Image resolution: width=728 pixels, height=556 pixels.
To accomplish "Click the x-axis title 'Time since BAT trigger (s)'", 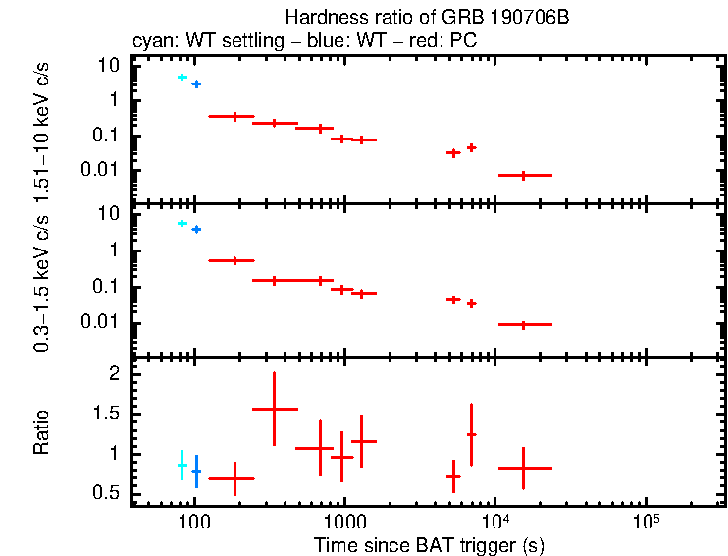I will pyautogui.click(x=429, y=543).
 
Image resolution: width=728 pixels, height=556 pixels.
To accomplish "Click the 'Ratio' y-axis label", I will pyautogui.click(x=42, y=432).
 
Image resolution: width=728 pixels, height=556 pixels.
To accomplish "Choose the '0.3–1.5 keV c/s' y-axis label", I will pyautogui.click(x=42, y=284).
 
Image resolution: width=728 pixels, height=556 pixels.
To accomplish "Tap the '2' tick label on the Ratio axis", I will pyautogui.click(x=114, y=375).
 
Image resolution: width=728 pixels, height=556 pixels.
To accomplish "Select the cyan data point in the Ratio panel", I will pyautogui.click(x=182, y=465).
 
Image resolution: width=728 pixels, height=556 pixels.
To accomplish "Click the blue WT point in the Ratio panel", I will pyautogui.click(x=196, y=471).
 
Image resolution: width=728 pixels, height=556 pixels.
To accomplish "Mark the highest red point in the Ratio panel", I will pyautogui.click(x=275, y=409).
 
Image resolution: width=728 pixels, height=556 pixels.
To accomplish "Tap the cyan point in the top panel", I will pyautogui.click(x=182, y=77).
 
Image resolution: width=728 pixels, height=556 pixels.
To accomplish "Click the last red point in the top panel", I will pyautogui.click(x=524, y=175).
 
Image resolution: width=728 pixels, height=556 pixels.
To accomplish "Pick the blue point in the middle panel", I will pyautogui.click(x=196, y=229).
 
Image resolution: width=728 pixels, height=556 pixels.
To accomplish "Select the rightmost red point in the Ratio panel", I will pyautogui.click(x=524, y=468).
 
